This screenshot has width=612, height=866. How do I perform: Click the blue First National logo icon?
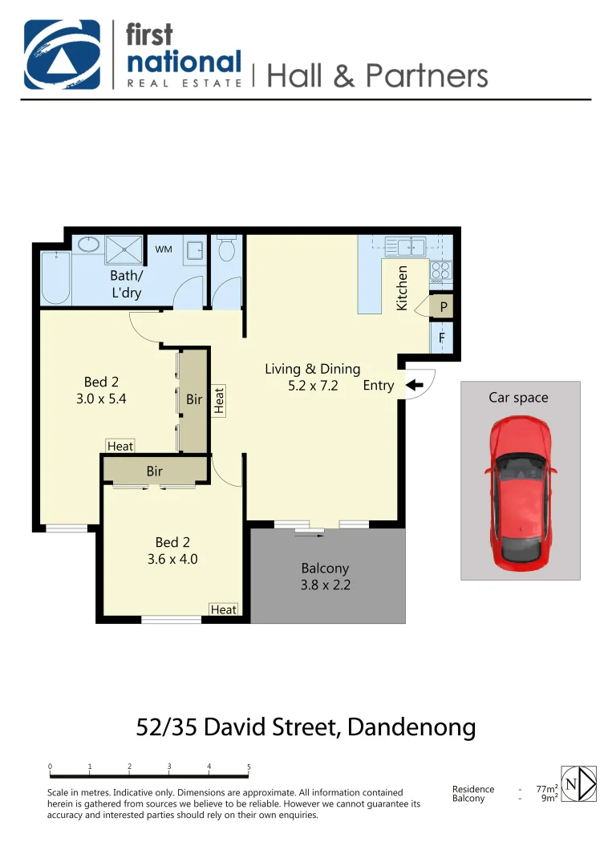[x=63, y=55]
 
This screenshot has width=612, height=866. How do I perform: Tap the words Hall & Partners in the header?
[x=376, y=75]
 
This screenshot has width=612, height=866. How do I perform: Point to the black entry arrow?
[x=414, y=385]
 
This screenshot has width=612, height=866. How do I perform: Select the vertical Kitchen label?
[x=403, y=288]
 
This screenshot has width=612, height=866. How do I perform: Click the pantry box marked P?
[x=443, y=306]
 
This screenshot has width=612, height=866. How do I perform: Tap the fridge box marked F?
[x=442, y=338]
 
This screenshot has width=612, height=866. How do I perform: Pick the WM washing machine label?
[x=164, y=249]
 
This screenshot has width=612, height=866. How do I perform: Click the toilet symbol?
[x=226, y=249]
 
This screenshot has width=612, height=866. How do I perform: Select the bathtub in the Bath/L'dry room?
[x=56, y=277]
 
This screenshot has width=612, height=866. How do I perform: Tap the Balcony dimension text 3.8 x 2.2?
[x=325, y=585]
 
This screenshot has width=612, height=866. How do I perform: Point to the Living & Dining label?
[x=312, y=369]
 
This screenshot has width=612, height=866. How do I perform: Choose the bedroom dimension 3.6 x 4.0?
[x=172, y=559]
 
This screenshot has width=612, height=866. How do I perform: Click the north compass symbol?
[x=579, y=783]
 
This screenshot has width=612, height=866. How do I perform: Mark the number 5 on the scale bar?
[x=249, y=767]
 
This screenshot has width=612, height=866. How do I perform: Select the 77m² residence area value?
[x=546, y=789]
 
